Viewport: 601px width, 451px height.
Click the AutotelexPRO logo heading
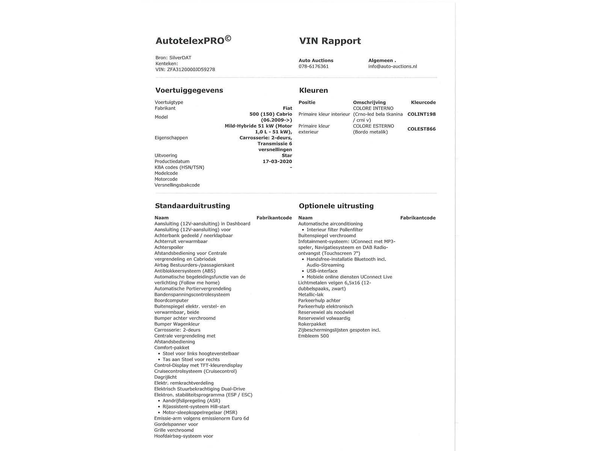pyautogui.click(x=193, y=41)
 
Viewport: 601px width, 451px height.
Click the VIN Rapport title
pyautogui.click(x=330, y=41)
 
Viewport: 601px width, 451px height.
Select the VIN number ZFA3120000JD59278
pyautogui.click(x=191, y=70)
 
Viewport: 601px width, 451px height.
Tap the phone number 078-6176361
pyautogui.click(x=314, y=67)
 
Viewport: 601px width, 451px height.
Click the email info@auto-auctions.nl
pyautogui.click(x=393, y=67)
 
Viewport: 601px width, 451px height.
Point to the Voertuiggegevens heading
pyautogui.click(x=189, y=91)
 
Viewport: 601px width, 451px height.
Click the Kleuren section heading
pyautogui.click(x=313, y=91)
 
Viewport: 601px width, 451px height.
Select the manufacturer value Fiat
pyautogui.click(x=287, y=108)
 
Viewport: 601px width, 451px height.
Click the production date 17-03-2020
pyautogui.click(x=277, y=162)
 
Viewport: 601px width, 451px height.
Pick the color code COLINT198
pyautogui.click(x=421, y=114)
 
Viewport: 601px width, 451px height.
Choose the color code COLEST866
pyautogui.click(x=421, y=129)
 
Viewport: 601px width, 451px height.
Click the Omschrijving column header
pyautogui.click(x=369, y=102)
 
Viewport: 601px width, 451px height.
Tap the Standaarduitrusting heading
pyautogui.click(x=192, y=206)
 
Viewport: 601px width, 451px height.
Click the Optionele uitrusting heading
pyautogui.click(x=336, y=206)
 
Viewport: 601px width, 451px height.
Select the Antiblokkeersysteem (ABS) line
pyautogui.click(x=185, y=271)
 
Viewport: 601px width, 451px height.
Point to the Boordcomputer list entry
pyautogui.click(x=171, y=301)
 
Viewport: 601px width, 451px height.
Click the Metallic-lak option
pyautogui.click(x=311, y=295)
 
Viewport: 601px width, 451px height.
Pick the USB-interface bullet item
pyautogui.click(x=322, y=271)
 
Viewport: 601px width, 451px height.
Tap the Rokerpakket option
pyautogui.click(x=312, y=324)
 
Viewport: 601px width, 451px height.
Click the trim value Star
pyautogui.click(x=287, y=156)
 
